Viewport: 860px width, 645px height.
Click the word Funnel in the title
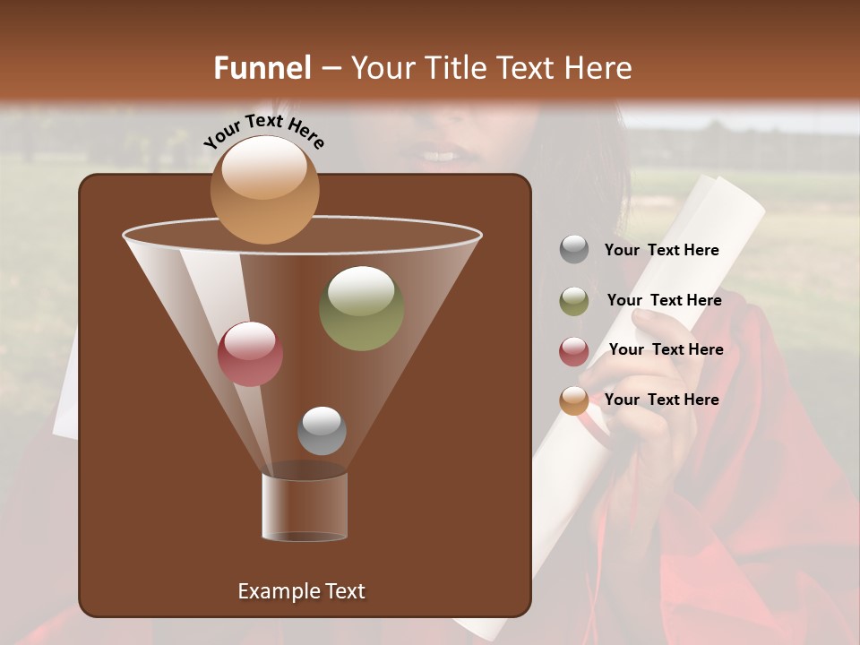(262, 68)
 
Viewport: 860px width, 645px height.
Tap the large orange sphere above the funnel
(264, 189)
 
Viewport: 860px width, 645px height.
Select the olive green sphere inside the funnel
(361, 308)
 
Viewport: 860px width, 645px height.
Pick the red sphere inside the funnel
(250, 354)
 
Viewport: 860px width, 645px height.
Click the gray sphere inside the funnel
(322, 431)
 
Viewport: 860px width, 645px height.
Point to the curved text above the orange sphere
(263, 131)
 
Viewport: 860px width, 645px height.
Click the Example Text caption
(301, 591)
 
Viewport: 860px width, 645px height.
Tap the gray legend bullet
(574, 250)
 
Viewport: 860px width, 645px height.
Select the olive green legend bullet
(574, 301)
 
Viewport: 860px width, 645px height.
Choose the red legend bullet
(574, 351)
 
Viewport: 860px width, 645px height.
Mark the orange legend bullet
(574, 400)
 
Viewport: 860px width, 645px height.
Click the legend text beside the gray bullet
(661, 251)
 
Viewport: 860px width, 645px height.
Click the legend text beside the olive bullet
(664, 301)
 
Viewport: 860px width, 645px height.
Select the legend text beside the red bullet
(666, 349)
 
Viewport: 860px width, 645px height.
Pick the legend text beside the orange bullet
(661, 400)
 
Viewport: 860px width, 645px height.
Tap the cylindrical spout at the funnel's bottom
(305, 507)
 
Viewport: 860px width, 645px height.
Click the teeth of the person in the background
(439, 156)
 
